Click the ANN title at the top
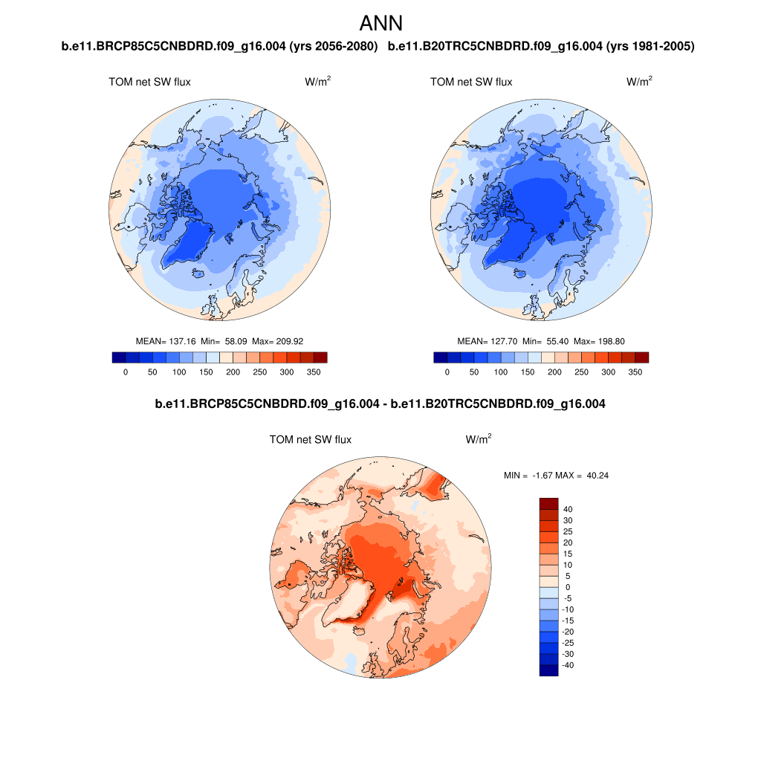(380, 23)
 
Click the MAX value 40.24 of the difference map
(598, 475)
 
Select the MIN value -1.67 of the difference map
(545, 475)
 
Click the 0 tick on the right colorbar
(447, 372)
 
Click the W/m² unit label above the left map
(317, 82)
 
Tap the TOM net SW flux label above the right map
(470, 82)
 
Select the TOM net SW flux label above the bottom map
(310, 440)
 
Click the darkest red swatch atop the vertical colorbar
(548, 503)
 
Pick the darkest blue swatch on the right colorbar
(440, 357)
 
